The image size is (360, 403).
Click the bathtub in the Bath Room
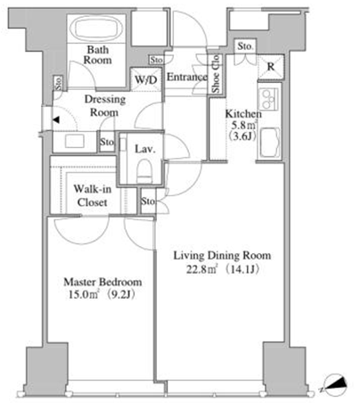tap(96, 29)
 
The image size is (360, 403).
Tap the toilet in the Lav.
tap(144, 171)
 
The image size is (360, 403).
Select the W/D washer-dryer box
tap(146, 79)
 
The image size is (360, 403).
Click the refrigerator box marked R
tap(271, 67)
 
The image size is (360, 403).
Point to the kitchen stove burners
tap(268, 99)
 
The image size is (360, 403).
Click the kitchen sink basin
tap(269, 143)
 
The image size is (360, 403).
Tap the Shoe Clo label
tap(216, 73)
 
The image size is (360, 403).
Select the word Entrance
tap(187, 77)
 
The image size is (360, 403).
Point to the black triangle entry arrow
tap(56, 120)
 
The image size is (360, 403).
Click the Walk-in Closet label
tap(93, 195)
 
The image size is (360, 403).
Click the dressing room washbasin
tap(75, 141)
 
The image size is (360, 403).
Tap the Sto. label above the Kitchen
tap(245, 46)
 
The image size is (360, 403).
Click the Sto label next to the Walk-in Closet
tap(148, 201)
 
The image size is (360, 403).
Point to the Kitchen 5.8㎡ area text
tap(244, 124)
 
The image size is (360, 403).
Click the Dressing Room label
tap(104, 105)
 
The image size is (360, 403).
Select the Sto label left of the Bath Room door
tap(58, 83)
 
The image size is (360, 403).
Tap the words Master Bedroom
tap(102, 282)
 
